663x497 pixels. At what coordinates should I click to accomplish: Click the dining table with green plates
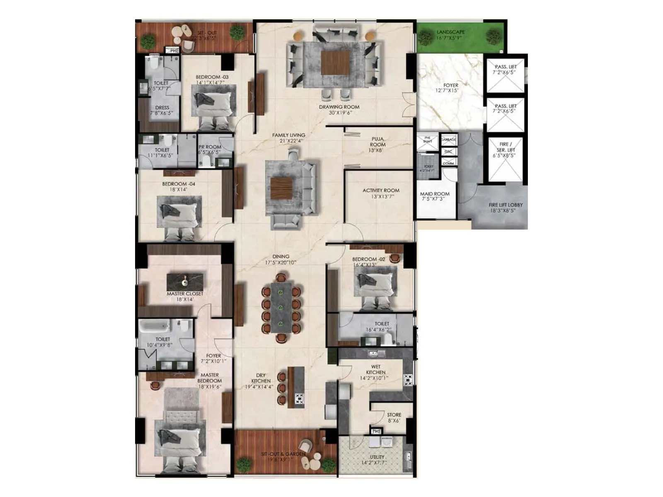[x=281, y=308]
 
